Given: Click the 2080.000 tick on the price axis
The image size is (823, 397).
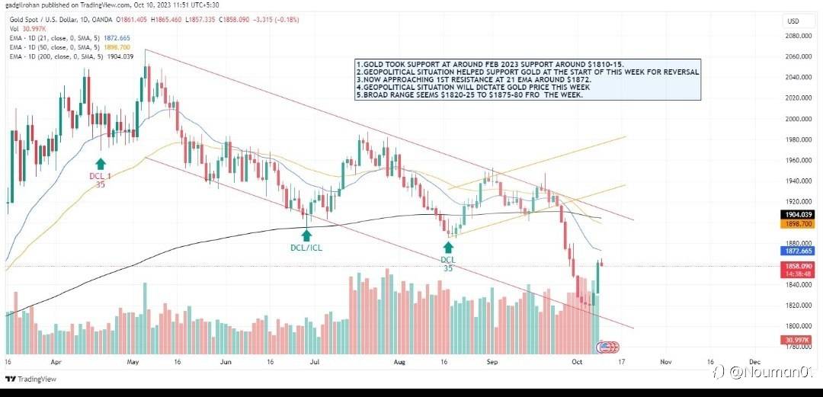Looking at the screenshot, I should (797, 36).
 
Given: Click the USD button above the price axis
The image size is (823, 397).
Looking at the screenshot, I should (793, 21).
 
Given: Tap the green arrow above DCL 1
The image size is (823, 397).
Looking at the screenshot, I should (100, 163).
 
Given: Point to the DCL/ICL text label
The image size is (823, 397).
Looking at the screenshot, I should (306, 247).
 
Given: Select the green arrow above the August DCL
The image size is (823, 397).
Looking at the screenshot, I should (448, 248).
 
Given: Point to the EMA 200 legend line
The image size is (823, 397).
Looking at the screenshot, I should (70, 56).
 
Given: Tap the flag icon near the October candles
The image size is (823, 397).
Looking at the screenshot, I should (606, 347).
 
